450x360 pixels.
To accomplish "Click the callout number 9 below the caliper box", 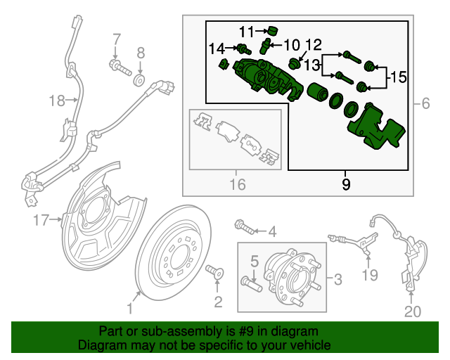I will coord(345,185).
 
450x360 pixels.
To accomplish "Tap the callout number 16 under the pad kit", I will coord(238,185).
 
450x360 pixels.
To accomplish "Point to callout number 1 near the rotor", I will coord(129,309).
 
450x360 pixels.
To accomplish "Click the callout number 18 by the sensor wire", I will coord(56,101).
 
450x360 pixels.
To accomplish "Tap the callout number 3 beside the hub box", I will coord(337,281).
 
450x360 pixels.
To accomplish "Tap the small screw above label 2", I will coord(216,271).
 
